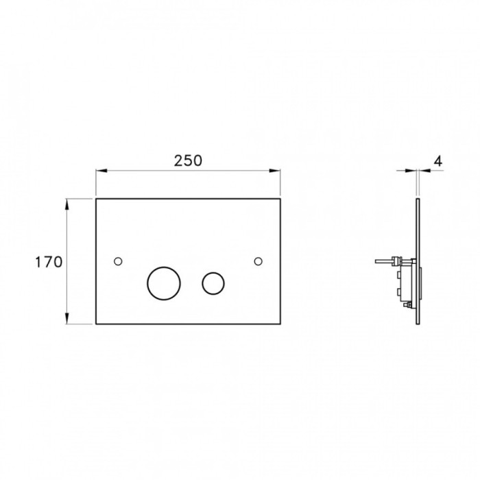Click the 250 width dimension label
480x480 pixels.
pyautogui.click(x=188, y=160)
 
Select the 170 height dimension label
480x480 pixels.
pyautogui.click(x=49, y=262)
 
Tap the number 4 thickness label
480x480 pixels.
pyautogui.click(x=438, y=161)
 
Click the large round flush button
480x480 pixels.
pyautogui.click(x=164, y=283)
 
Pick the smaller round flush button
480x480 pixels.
pyautogui.click(x=213, y=283)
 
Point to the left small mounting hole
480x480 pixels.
pyautogui.click(x=118, y=261)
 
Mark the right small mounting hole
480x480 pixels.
pyautogui.click(x=258, y=261)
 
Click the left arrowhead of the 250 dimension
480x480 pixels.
pyautogui.click(x=101, y=171)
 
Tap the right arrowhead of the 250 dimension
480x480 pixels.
pyautogui.click(x=275, y=171)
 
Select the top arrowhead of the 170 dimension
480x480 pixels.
pyautogui.click(x=67, y=204)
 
